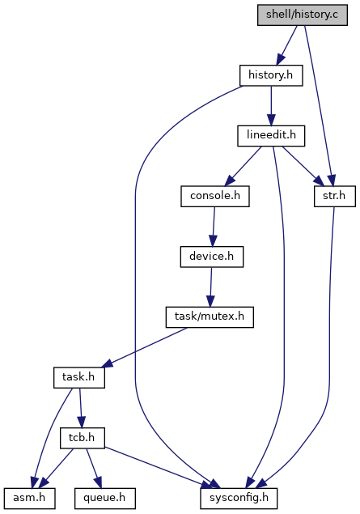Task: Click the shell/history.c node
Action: [302, 15]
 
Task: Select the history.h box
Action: [271, 76]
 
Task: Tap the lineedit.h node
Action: [271, 136]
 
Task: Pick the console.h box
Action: [215, 197]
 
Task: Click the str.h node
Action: [334, 197]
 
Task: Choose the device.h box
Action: [212, 257]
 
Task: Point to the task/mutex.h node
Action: [210, 317]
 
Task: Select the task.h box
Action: [79, 378]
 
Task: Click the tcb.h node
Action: [83, 438]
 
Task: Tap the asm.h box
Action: [29, 499]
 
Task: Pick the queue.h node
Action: [105, 499]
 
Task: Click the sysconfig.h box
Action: [239, 499]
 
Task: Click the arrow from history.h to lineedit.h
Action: [271, 106]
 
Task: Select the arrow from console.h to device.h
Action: [214, 227]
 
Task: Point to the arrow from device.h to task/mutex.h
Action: [210, 287]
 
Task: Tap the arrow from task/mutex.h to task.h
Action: [144, 347]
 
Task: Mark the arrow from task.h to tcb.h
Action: [81, 408]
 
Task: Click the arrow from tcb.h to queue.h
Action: [94, 468]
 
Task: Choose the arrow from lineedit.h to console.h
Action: [243, 166]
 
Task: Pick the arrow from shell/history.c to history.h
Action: [286, 45]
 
